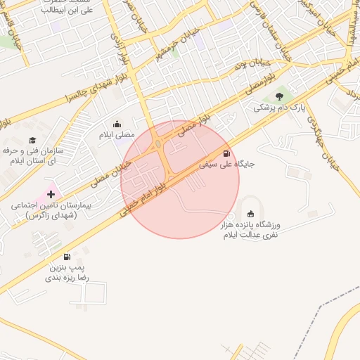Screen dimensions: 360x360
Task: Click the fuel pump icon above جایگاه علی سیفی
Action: point(226,153)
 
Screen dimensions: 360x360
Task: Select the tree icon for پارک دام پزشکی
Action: point(280,96)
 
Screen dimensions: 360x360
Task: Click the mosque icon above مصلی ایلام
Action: point(117,124)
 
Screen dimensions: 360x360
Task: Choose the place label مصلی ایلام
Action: point(116,135)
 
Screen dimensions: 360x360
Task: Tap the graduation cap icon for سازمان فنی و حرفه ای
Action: point(32,140)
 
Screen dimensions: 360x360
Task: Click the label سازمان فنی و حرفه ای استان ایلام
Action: point(32,156)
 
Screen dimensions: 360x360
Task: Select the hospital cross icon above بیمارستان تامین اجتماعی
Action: point(51,193)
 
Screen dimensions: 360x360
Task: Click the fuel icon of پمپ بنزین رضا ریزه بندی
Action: point(67,257)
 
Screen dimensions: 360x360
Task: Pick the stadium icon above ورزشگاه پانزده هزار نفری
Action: point(252,214)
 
